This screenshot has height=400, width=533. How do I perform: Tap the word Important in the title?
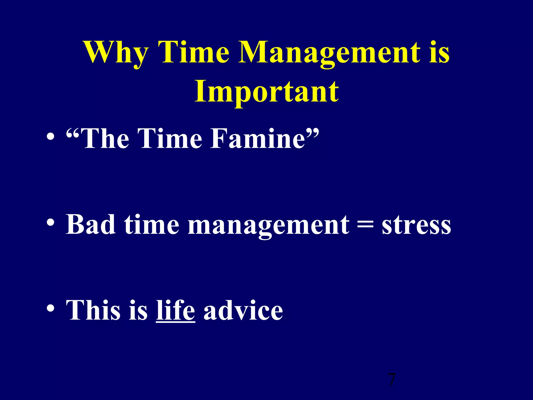[266, 92]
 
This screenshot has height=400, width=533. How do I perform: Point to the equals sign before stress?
[365, 224]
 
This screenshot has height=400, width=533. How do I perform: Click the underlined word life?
[175, 310]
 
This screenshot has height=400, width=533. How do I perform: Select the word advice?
[243, 310]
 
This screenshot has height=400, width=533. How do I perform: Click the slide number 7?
[391, 379]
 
